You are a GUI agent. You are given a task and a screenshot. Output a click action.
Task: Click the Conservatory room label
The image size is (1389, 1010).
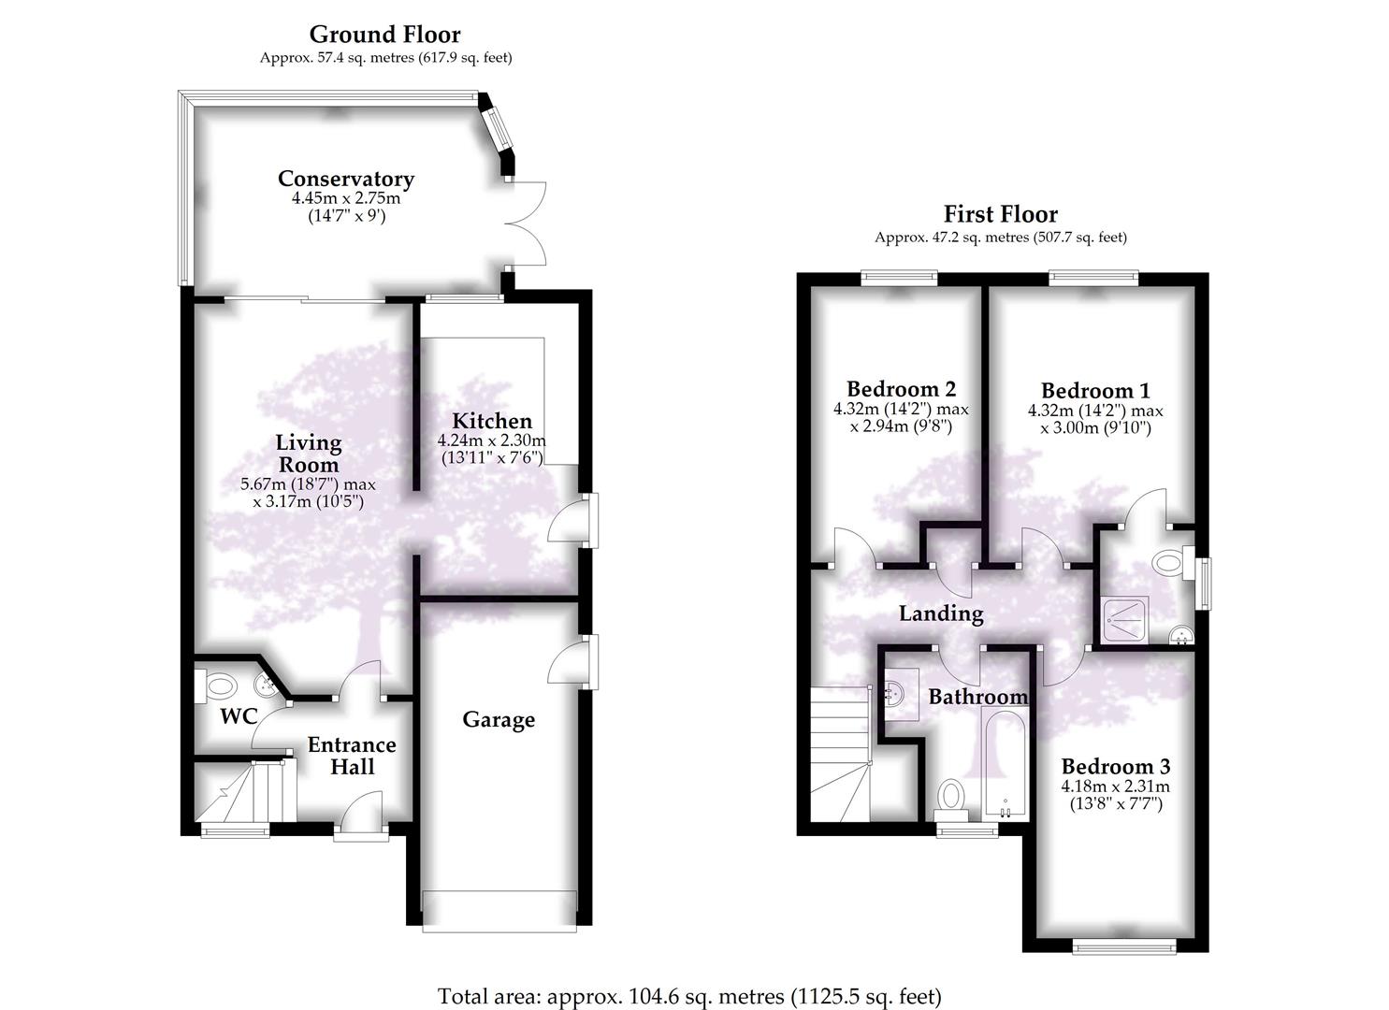coord(345,179)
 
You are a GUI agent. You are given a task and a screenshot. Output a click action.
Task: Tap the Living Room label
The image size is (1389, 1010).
coord(309,453)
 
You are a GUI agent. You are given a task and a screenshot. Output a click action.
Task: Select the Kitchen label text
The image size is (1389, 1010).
coord(491,421)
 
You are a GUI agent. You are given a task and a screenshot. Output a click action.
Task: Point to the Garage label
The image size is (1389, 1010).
coord(499,719)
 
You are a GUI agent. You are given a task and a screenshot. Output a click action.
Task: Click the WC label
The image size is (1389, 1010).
coord(239,717)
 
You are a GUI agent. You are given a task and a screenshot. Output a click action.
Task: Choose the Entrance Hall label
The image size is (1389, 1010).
coord(352,756)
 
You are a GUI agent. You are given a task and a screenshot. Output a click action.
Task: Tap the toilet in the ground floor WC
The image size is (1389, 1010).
coord(218,686)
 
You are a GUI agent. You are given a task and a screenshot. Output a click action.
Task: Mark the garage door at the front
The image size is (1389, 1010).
coord(499,911)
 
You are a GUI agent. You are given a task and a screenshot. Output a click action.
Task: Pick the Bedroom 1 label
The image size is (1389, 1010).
coord(1095,391)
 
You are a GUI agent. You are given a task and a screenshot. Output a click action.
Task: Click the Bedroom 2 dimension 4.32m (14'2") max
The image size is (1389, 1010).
coord(901,410)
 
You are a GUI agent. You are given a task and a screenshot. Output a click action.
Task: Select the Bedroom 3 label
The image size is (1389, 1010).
coord(1116,766)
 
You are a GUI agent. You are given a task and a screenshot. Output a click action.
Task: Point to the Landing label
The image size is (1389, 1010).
coord(941,613)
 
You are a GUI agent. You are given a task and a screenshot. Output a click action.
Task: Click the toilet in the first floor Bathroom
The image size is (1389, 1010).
coord(952,796)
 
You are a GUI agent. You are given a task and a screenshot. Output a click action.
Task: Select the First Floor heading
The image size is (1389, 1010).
coord(1000,214)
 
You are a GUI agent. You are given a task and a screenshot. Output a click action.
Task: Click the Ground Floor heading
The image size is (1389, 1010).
coord(384,35)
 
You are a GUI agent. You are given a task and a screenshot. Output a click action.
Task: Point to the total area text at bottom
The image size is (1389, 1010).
coord(689,996)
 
